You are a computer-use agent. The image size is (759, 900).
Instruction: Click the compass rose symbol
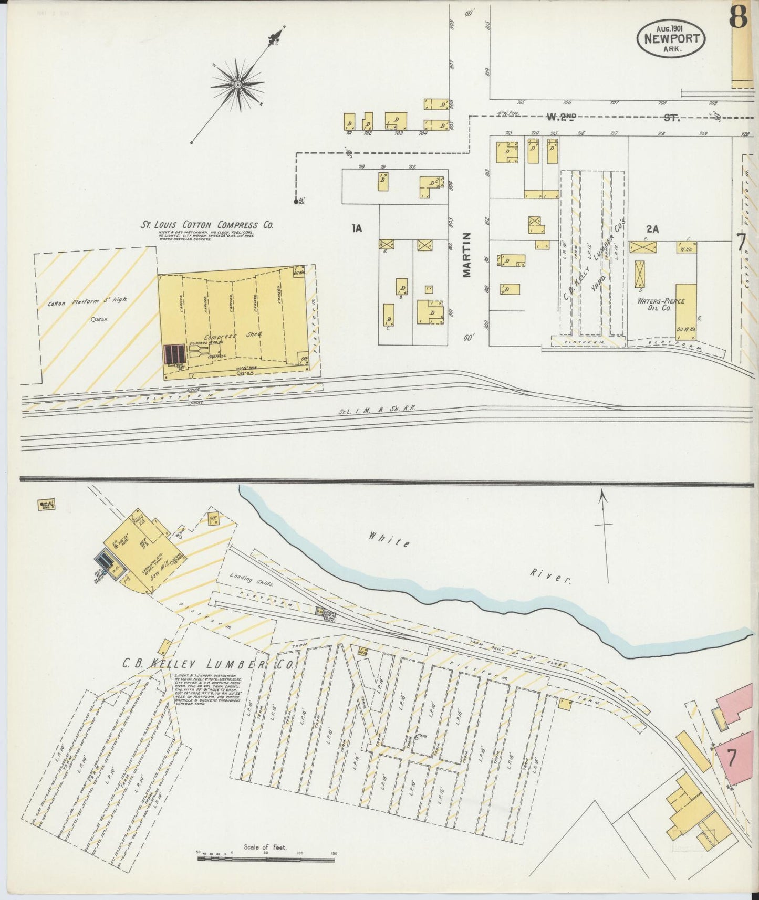click(237, 85)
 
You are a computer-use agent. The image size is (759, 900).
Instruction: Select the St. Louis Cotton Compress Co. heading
click(206, 225)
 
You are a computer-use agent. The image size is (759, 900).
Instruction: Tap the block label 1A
click(357, 227)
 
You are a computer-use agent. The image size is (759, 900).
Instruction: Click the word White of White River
click(389, 540)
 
